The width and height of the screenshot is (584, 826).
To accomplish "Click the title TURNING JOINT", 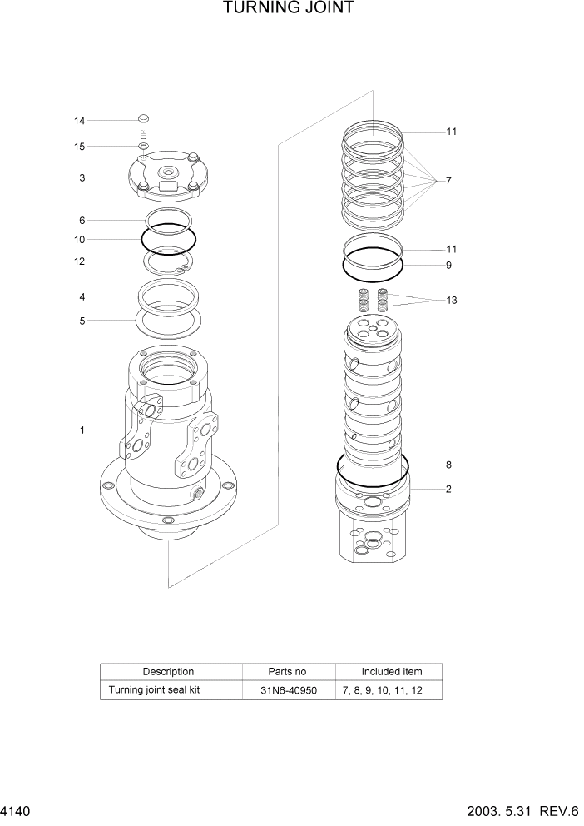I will (x=289, y=9).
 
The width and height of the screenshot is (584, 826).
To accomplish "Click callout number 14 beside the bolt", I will (x=79, y=121).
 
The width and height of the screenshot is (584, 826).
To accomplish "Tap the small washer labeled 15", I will (x=143, y=147).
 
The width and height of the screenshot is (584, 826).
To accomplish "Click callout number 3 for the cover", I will (x=82, y=177).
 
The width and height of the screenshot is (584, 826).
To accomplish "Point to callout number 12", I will (x=79, y=261).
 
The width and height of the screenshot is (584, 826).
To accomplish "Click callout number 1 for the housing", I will (x=82, y=430).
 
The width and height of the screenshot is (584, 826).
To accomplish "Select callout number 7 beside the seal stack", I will (x=448, y=181).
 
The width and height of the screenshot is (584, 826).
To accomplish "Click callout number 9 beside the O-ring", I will (x=448, y=266).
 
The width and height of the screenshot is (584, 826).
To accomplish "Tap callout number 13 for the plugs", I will (x=451, y=300).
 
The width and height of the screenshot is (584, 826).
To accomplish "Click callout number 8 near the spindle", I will (x=448, y=465).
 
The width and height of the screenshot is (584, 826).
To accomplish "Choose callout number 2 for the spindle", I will (x=448, y=489).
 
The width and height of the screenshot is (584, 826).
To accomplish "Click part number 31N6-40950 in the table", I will (x=288, y=690).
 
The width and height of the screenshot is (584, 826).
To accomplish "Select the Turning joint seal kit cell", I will (x=154, y=690).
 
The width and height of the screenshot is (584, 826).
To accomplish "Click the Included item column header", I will (x=391, y=671).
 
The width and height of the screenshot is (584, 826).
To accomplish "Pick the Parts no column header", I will (x=288, y=671).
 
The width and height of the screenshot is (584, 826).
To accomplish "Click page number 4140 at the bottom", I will (x=17, y=810).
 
